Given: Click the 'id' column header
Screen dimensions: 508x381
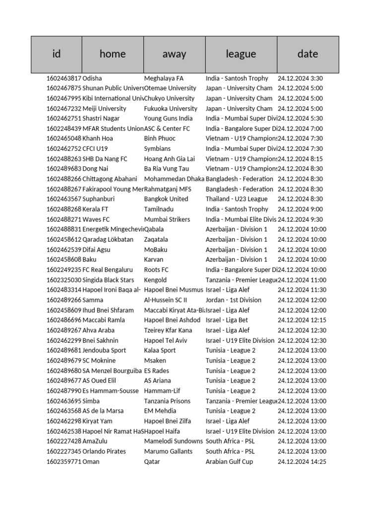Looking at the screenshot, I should click(x=57, y=54).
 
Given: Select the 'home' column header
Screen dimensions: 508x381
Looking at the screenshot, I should click(x=113, y=54).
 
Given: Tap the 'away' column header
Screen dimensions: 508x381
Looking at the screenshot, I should click(x=174, y=54).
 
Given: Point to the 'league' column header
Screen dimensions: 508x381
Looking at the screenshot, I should click(x=241, y=54).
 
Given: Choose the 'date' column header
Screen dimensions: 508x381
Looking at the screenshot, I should click(x=308, y=54).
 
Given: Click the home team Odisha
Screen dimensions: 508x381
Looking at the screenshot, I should click(x=92, y=78).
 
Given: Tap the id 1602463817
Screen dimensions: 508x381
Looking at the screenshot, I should click(x=64, y=78).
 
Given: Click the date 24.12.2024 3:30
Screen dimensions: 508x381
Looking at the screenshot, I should click(x=301, y=78).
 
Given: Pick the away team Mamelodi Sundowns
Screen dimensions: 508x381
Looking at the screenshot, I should click(x=174, y=441).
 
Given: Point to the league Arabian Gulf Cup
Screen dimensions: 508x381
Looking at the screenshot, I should click(x=229, y=461).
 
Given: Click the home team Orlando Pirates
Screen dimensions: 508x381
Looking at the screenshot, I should click(x=104, y=451).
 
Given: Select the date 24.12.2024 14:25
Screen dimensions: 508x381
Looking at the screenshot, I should click(x=302, y=461).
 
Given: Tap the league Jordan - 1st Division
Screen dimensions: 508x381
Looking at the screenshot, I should click(x=234, y=300).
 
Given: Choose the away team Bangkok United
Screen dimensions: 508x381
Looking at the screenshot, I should click(x=166, y=199).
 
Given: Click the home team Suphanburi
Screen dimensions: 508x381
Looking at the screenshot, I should click(x=100, y=199).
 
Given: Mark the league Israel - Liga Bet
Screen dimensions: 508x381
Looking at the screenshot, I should click(x=227, y=320).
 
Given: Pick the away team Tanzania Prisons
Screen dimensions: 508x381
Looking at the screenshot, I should click(x=167, y=401).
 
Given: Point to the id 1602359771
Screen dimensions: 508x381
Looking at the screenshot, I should click(x=64, y=461).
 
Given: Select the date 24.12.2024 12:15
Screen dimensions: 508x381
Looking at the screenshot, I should click(x=302, y=320).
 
